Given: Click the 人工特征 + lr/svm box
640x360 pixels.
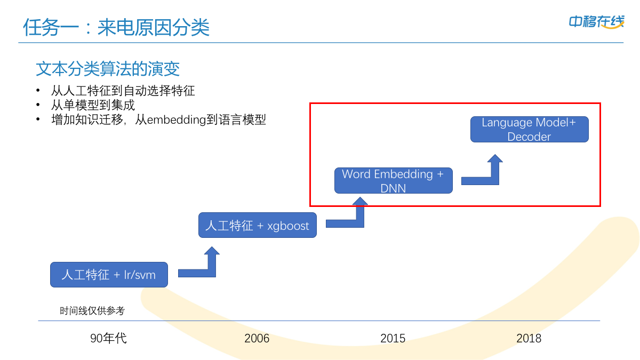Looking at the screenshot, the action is click(109, 275).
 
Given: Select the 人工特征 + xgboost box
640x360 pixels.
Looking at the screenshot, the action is click(257, 225).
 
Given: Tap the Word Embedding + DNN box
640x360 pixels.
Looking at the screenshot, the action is click(393, 180).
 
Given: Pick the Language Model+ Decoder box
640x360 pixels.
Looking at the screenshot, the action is click(529, 129).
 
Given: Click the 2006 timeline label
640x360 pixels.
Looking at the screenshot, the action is click(257, 338).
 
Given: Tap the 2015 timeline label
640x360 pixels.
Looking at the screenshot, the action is click(393, 338).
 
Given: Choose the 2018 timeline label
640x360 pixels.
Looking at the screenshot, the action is click(529, 338).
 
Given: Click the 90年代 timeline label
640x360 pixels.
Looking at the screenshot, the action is click(108, 338).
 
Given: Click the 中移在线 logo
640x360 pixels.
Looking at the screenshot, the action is click(596, 22).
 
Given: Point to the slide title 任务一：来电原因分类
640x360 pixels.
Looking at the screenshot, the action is click(116, 27).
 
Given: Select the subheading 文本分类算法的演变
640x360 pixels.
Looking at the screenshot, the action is click(108, 69).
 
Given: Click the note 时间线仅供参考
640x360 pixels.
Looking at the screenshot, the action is click(92, 310).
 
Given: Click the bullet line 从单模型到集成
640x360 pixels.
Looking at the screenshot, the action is click(93, 105).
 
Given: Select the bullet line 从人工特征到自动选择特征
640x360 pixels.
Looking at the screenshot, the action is click(123, 91).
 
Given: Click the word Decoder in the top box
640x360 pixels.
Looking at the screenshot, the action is click(529, 137).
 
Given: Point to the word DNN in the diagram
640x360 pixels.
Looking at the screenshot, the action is click(393, 188).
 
